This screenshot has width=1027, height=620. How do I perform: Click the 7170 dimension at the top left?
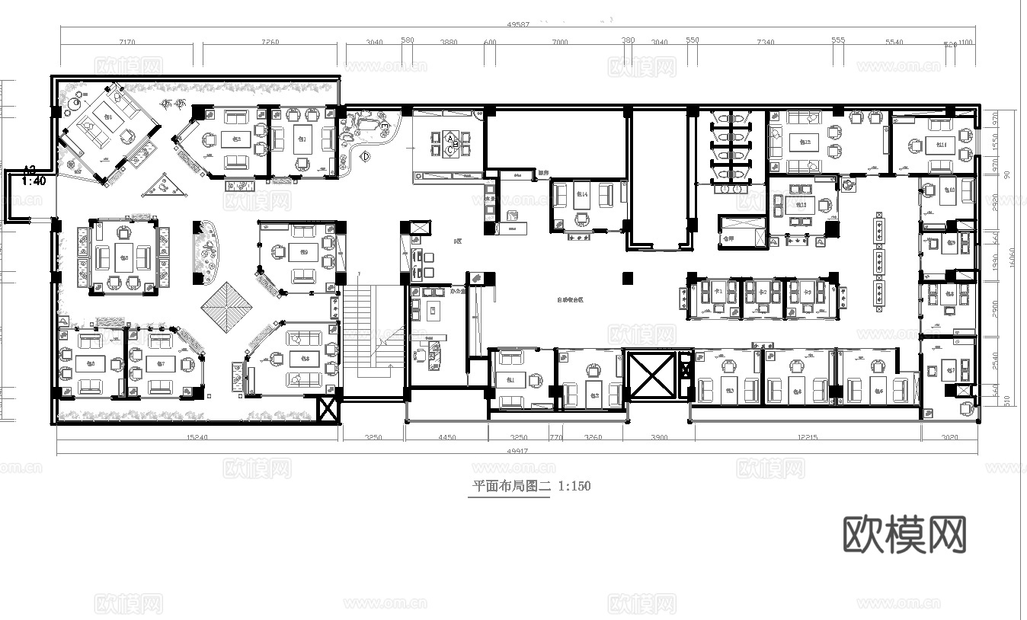click(127, 43)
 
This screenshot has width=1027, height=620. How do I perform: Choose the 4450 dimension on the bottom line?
click(446, 438)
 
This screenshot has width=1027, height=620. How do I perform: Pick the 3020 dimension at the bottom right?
click(949, 438)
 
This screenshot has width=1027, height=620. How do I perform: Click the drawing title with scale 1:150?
click(532, 486)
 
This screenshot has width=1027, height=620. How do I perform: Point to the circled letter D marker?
click(365, 157)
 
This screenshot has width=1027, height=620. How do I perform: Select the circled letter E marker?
click(385, 126)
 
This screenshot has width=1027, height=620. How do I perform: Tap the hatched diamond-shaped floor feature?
click(226, 306)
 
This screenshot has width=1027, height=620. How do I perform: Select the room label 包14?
click(582, 195)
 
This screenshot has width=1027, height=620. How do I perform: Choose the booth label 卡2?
click(760, 292)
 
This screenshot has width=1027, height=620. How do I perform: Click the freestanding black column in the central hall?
click(627, 278)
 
